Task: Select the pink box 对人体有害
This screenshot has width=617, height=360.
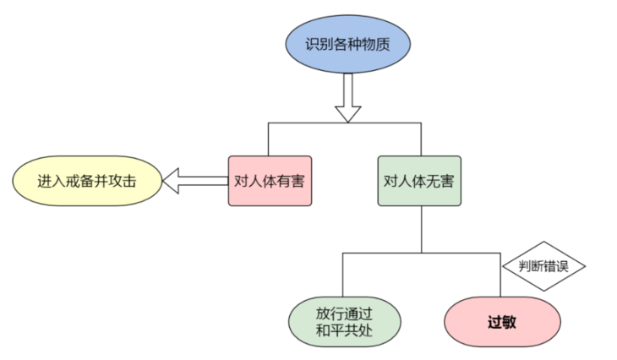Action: [270, 180]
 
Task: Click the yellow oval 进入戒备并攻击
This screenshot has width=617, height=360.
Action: [87, 181]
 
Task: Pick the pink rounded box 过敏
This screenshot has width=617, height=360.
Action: [502, 322]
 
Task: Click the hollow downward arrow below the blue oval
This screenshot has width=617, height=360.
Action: [347, 97]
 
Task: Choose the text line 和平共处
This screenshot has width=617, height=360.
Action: [342, 332]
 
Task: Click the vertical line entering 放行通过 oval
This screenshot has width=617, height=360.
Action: [342, 275]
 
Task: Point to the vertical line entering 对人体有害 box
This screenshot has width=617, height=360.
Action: [268, 139]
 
